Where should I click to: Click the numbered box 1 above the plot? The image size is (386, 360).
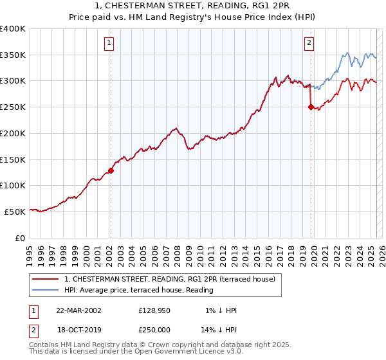pyautogui.click(x=109, y=43)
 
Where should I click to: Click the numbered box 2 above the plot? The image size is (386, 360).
pyautogui.click(x=309, y=43)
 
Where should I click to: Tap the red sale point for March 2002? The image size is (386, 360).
pyautogui.click(x=111, y=170)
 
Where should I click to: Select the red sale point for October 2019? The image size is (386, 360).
pyautogui.click(x=311, y=107)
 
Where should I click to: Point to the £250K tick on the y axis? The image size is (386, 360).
pyautogui.click(x=14, y=107)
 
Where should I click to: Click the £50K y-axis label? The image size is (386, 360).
pyautogui.click(x=16, y=211)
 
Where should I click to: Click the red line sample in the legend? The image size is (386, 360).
pyautogui.click(x=46, y=279)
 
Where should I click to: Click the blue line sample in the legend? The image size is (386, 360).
pyautogui.click(x=46, y=290)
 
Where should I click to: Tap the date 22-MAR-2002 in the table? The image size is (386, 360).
pyautogui.click(x=78, y=310)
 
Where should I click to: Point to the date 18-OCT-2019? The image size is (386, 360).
pyautogui.click(x=78, y=329)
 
